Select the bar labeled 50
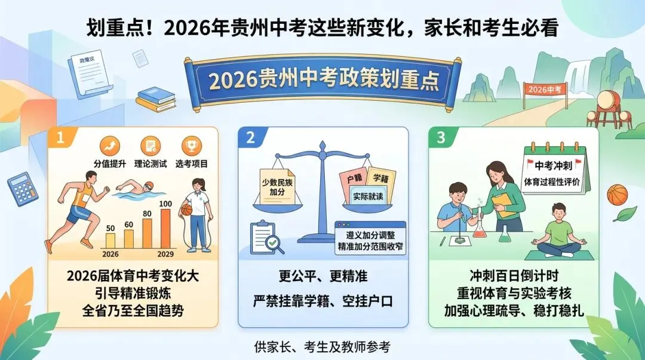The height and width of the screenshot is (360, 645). click(110, 240)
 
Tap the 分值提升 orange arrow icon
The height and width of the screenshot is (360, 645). click(111, 146)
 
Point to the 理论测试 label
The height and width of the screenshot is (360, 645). click(150, 164)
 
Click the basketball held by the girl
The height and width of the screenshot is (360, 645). click(186, 210)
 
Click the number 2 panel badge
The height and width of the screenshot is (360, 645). click(250, 138)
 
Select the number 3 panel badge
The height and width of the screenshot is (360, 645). click(441, 138)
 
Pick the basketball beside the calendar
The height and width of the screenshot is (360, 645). click(618, 194)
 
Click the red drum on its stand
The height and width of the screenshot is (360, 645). click(607, 99)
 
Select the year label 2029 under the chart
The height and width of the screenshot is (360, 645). click(165, 254)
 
